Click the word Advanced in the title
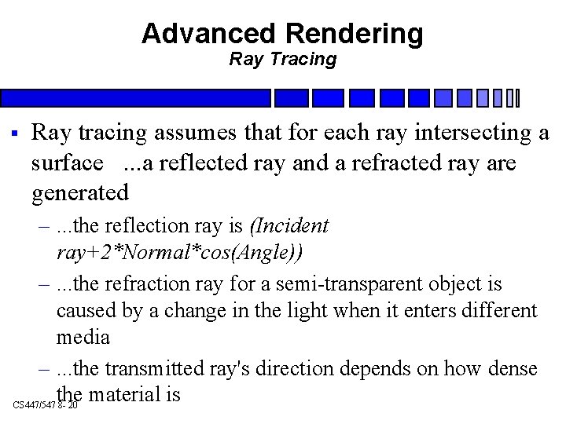click(x=207, y=33)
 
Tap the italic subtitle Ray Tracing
click(x=282, y=58)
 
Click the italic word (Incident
click(x=289, y=227)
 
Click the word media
click(x=83, y=338)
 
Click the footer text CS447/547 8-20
click(x=46, y=404)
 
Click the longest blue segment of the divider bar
click(x=135, y=98)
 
